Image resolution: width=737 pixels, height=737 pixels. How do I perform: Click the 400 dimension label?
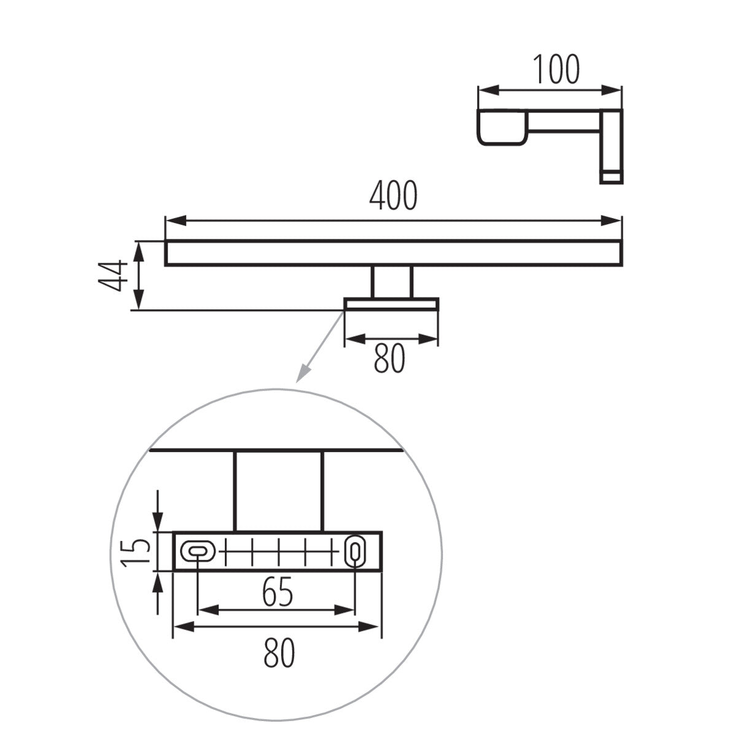tap(393, 196)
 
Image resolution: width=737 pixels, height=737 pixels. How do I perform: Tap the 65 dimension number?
tap(277, 592)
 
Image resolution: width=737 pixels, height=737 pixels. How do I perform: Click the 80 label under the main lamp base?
tap(390, 358)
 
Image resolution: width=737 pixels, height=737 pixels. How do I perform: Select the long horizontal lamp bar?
tap(393, 253)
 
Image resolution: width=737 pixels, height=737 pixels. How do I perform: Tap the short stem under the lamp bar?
tap(391, 282)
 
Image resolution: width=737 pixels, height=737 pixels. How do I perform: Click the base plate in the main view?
tap(391, 305)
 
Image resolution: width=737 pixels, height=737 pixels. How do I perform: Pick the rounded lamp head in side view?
tap(502, 127)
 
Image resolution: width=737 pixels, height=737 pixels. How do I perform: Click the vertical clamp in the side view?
tap(610, 146)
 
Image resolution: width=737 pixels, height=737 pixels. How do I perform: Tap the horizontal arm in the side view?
tap(562, 122)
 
